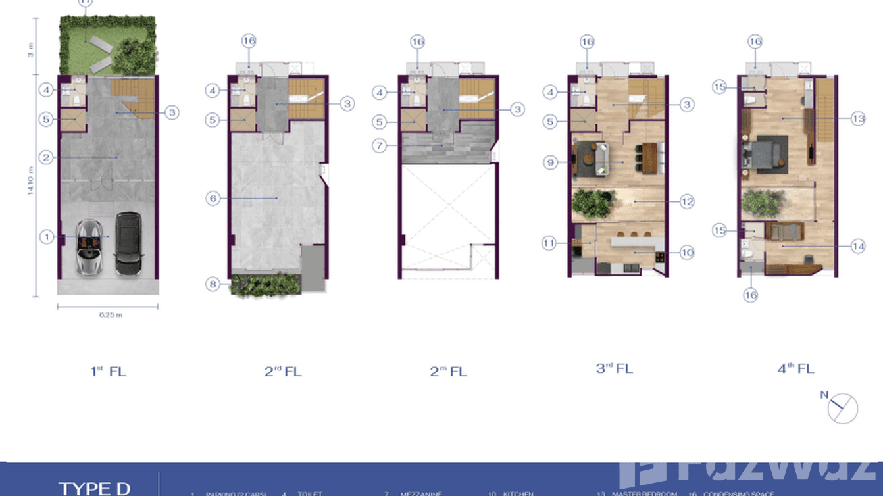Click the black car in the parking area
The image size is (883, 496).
tap(128, 243)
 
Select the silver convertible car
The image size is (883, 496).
tap(90, 247)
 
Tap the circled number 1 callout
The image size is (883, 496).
tap(46, 236)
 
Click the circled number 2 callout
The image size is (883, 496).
tap(46, 157)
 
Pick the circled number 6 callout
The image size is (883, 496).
tap(213, 197)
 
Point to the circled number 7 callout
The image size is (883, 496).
tap(379, 145)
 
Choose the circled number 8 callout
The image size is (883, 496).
tap(213, 284)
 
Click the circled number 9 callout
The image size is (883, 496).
tap(551, 161)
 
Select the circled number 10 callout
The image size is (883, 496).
tap(686, 252)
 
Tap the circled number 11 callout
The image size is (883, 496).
tap(550, 243)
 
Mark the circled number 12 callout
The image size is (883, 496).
tap(686, 201)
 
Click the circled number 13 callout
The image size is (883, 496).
tap(857, 119)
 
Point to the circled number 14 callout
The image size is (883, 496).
tap(857, 247)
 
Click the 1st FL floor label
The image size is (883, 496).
tap(108, 372)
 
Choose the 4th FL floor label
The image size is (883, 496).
tap(795, 369)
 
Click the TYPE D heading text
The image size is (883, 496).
tap(95, 488)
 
